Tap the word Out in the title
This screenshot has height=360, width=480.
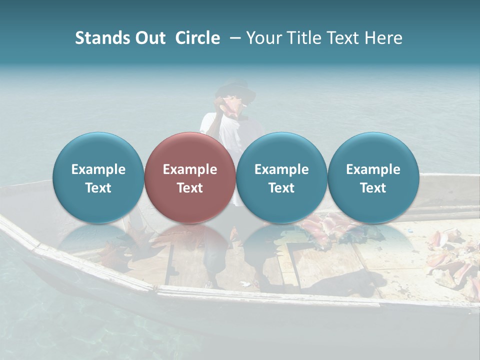point(149,38)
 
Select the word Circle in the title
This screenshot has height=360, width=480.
point(197,38)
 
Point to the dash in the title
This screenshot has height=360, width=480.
point(233,38)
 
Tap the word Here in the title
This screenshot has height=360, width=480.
point(384,38)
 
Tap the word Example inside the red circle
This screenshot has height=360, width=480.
point(190,169)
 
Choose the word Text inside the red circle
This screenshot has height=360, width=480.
point(190,188)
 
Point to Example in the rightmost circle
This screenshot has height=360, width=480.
point(373,169)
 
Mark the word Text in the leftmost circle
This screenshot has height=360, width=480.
point(98,188)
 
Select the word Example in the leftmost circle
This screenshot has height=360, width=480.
point(98,169)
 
